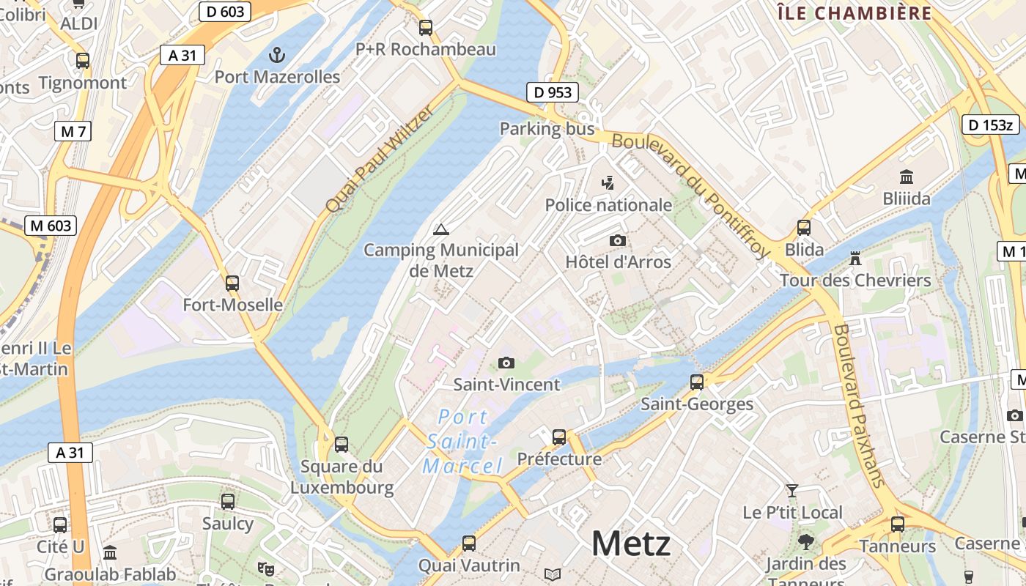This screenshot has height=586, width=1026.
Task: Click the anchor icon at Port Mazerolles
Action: (277, 54)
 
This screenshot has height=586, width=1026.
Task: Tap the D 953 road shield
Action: (553, 92)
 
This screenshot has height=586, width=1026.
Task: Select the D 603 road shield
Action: (225, 11)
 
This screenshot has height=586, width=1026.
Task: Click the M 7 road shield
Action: (73, 132)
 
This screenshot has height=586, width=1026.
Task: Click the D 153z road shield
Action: (990, 125)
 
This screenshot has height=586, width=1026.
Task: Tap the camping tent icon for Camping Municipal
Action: (440, 229)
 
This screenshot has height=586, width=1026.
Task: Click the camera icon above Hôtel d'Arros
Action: (618, 240)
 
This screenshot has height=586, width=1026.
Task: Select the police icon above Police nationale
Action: (608, 183)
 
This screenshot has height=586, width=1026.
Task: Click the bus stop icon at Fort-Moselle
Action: (232, 283)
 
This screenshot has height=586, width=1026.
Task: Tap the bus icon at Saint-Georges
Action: (697, 382)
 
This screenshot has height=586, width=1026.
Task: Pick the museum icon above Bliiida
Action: (907, 177)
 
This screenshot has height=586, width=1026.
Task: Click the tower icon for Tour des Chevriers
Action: (855, 258)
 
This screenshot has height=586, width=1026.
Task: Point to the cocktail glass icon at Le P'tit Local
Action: (792, 490)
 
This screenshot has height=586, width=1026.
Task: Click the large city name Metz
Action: (630, 544)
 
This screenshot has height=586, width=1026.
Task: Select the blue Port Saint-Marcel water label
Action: (462, 442)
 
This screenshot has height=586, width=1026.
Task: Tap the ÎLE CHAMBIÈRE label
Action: (854, 13)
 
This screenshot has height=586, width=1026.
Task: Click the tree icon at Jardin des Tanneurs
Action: (806, 542)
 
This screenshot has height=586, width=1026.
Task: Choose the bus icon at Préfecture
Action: (559, 437)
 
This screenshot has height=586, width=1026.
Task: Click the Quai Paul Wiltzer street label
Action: (379, 159)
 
